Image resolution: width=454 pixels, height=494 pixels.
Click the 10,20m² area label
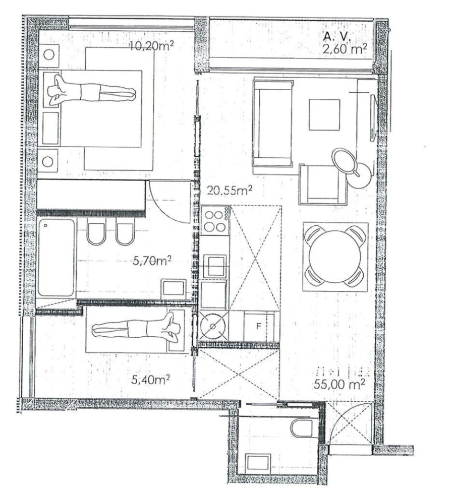pos(152,46)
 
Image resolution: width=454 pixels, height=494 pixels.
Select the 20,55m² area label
pos(230,191)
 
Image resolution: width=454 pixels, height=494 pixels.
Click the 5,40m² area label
pos(150,379)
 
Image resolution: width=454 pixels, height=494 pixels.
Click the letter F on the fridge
pos(258,326)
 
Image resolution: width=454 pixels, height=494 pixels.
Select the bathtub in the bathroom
pos(56,257)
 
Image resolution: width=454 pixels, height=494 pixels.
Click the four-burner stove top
pos(214,220)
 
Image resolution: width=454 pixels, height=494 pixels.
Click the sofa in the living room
pos(273,124)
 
